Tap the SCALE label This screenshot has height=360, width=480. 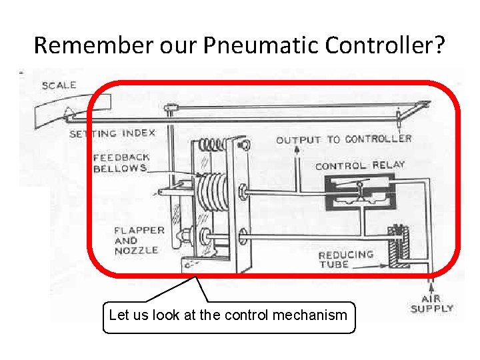tap(59, 85)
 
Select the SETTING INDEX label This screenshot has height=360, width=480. tap(112, 133)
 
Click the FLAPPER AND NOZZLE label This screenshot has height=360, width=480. tap(139, 240)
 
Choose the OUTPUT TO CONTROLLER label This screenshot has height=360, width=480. tap(344, 139)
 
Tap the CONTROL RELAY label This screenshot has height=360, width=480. tap(360, 165)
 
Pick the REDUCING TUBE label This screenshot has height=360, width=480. tap(345, 259)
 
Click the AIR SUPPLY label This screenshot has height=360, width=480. tap(431, 304)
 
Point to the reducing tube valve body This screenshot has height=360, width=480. tap(399, 247)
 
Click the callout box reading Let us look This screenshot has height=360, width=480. tap(228, 315)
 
